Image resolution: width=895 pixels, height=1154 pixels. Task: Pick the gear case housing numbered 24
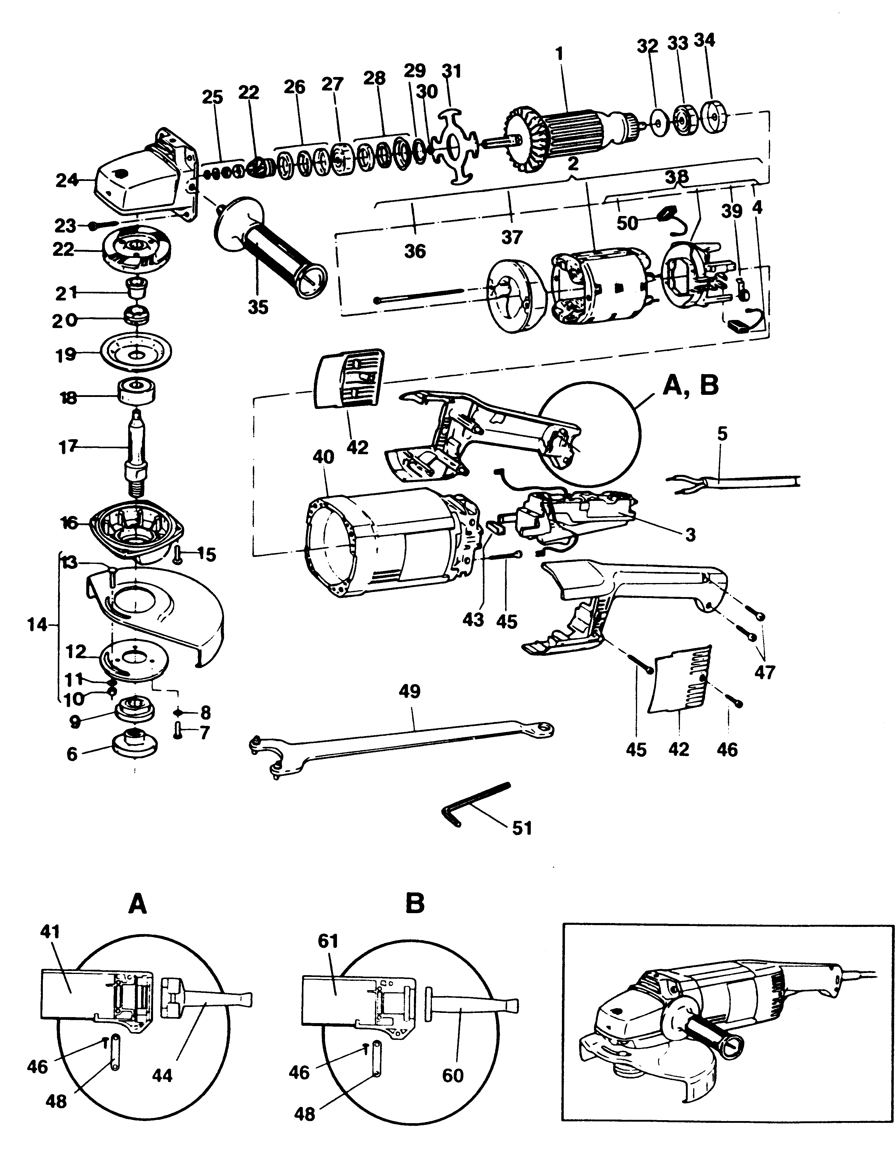[x=143, y=174]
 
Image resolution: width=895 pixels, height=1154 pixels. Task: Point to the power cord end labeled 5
[x=734, y=482]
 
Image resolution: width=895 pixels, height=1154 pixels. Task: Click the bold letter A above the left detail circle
[x=137, y=905]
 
